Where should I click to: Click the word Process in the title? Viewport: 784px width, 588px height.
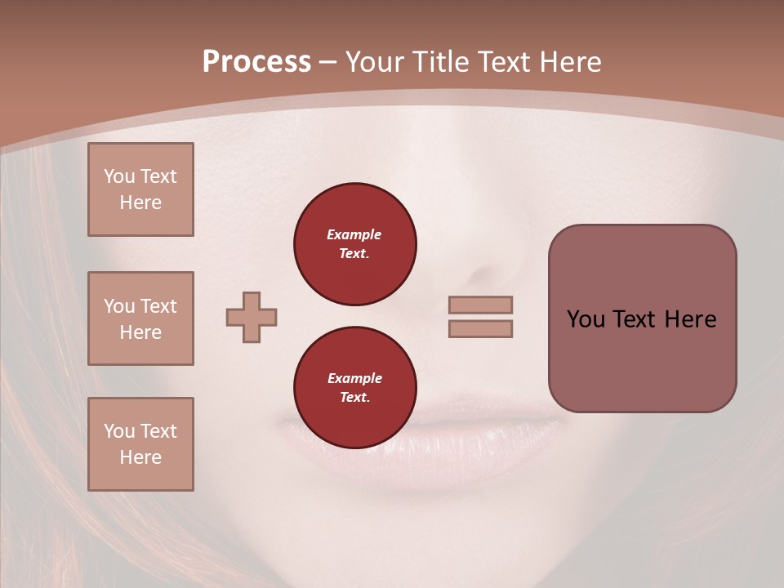point(256,62)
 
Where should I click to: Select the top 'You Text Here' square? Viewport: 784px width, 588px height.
point(140,189)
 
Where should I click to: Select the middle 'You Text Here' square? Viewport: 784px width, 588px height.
point(140,318)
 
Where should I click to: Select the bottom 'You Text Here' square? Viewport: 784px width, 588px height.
point(140,444)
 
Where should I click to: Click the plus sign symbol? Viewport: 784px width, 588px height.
point(252,318)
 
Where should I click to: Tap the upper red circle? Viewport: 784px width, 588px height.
point(355,244)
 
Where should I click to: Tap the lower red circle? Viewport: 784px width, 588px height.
point(355,388)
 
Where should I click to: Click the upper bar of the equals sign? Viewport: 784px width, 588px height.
point(481,305)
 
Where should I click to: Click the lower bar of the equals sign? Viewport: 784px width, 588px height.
point(481,329)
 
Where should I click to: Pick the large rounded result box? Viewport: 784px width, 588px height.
point(642,318)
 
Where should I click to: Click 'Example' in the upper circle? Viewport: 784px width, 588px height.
point(354,234)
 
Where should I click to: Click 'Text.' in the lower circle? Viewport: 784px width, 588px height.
point(354,398)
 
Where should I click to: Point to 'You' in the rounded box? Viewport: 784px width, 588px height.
point(586,319)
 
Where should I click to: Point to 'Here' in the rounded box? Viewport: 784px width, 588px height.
point(690,319)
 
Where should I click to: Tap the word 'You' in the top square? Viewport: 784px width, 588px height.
point(119,176)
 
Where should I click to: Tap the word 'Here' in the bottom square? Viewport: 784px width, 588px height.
point(140,457)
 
